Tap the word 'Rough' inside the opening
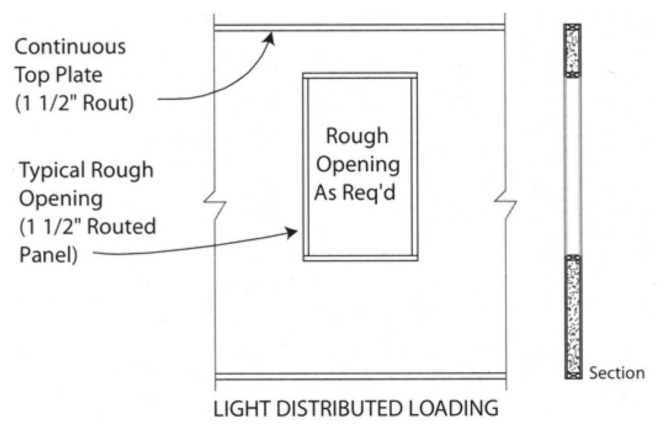click(x=357, y=136)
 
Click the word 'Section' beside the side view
click(x=617, y=373)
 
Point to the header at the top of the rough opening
click(x=360, y=75)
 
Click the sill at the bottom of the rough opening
click(x=360, y=257)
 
